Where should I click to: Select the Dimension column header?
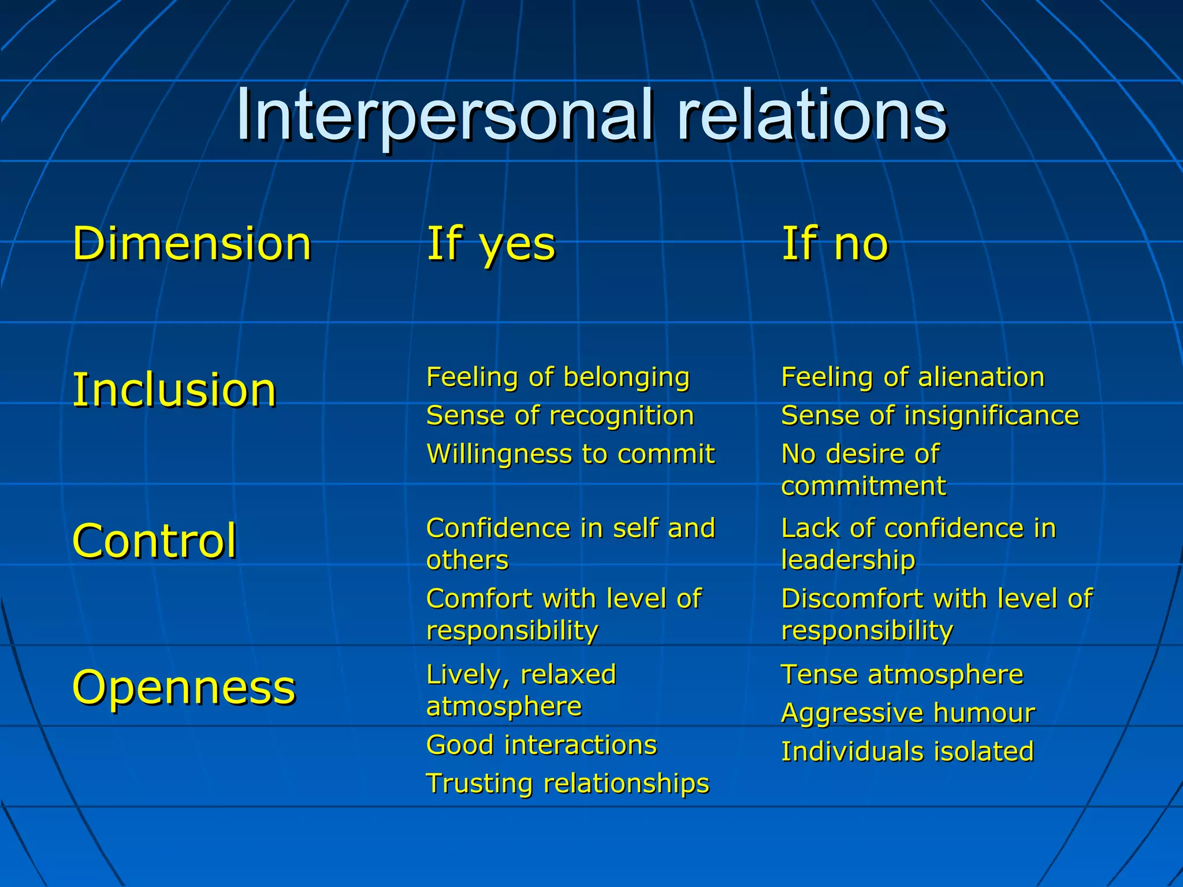192,244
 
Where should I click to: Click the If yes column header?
490,244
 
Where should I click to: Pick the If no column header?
834,244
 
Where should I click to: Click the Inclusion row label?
174,390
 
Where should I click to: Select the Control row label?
154,541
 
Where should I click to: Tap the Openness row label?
184,687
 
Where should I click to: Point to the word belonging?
626,378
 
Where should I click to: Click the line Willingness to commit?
570,454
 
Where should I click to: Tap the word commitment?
863,486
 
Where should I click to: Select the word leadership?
848,560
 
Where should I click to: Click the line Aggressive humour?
907,713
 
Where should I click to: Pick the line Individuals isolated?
907,752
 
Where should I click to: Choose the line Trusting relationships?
567,784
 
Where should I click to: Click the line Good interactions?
541,745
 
